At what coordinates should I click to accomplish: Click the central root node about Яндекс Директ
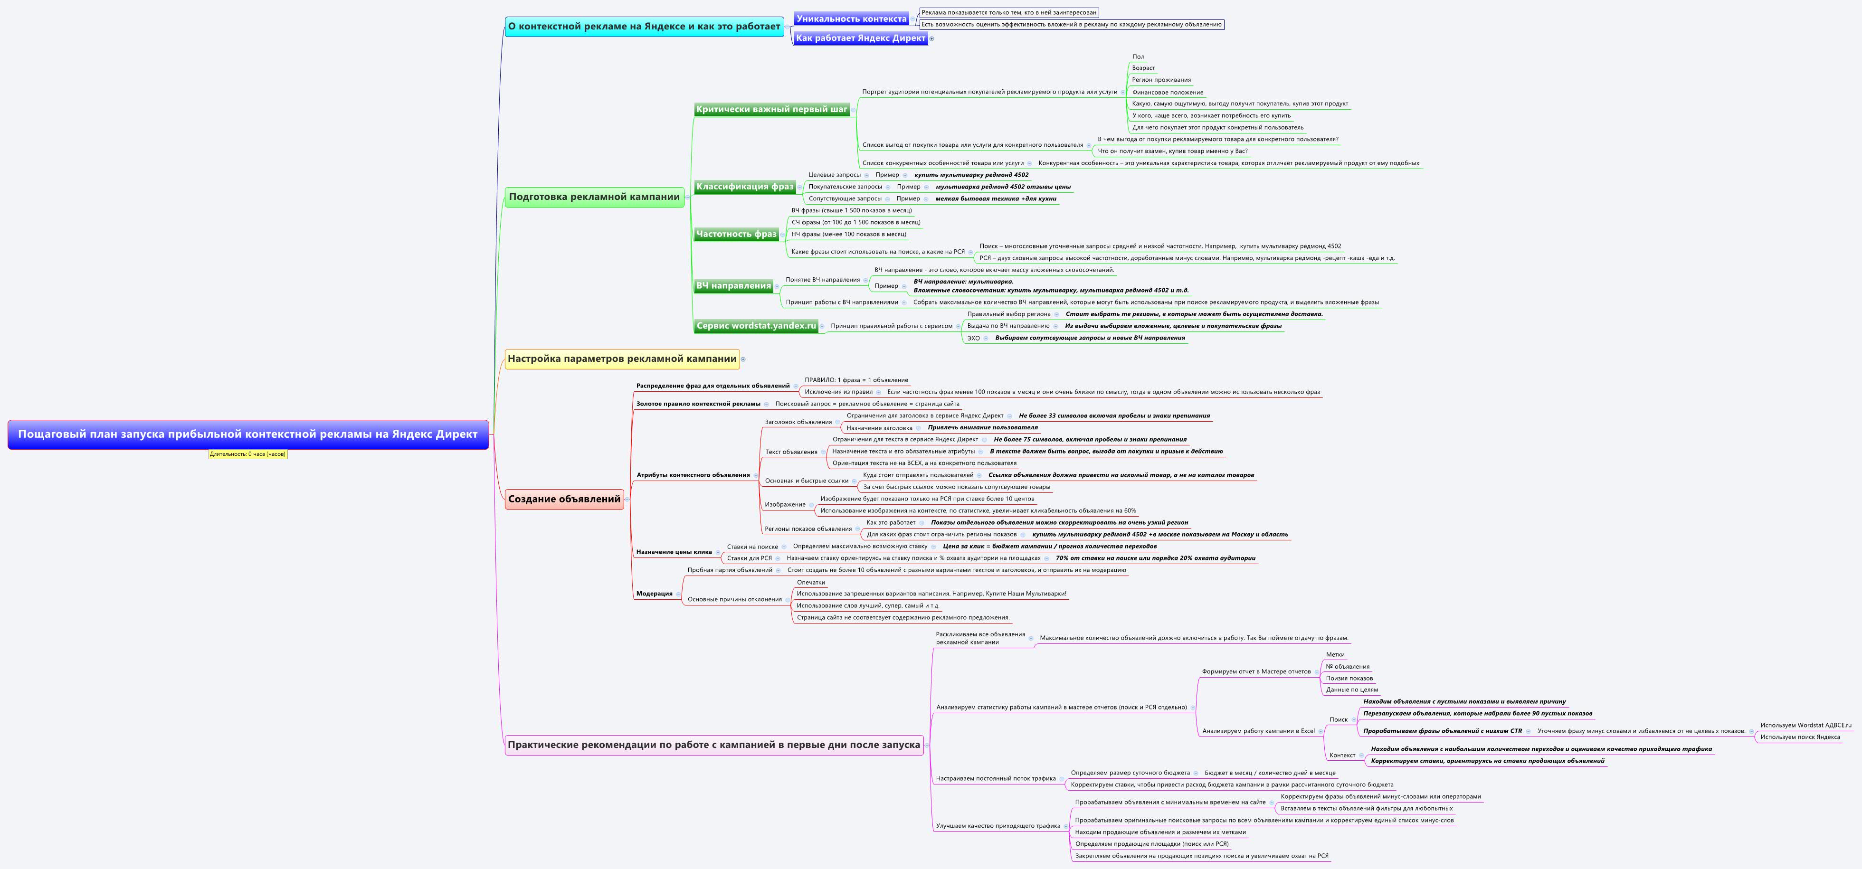click(x=248, y=434)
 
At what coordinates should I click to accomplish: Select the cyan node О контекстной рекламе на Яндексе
click(x=644, y=27)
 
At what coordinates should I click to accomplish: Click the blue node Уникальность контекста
click(x=851, y=19)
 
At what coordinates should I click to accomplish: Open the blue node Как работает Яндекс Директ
click(x=860, y=38)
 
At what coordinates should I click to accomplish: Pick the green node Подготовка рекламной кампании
click(x=594, y=197)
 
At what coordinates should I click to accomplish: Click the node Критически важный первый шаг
click(x=771, y=109)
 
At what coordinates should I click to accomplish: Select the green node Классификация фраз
click(x=744, y=186)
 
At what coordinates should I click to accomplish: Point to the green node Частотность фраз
click(x=736, y=234)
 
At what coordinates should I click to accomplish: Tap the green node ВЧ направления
click(x=733, y=285)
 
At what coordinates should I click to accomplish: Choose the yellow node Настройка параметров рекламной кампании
click(x=622, y=359)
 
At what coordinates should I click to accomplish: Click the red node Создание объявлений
click(x=564, y=499)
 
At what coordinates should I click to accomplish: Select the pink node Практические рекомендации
click(x=713, y=745)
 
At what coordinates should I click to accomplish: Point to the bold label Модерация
click(x=654, y=594)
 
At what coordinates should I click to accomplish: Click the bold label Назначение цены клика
click(x=674, y=552)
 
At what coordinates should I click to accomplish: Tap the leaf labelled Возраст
click(x=1143, y=68)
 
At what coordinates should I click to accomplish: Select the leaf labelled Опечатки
click(x=810, y=582)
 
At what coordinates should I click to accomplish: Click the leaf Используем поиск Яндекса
click(x=1800, y=737)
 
